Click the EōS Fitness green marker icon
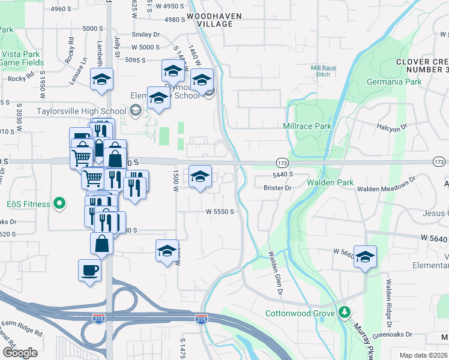(x=59, y=204)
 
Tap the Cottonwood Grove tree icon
(x=344, y=313)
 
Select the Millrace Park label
(x=307, y=127)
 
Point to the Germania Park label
(x=392, y=82)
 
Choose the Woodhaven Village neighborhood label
(x=209, y=19)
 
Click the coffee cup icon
(x=89, y=270)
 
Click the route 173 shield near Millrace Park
(x=282, y=163)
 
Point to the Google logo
(x=20, y=353)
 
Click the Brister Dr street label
(x=277, y=188)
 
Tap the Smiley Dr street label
(x=148, y=35)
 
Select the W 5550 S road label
(x=220, y=211)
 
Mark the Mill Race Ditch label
(x=323, y=71)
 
